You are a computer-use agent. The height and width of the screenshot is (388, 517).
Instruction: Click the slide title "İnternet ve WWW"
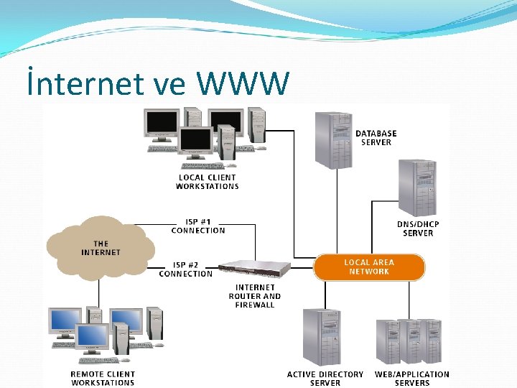tap(157, 84)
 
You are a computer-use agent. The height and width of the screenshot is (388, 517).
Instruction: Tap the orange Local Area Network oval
tap(369, 267)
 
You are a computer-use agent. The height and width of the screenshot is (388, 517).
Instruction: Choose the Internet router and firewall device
tap(254, 269)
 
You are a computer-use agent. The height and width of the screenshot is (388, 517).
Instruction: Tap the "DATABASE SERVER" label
tap(376, 138)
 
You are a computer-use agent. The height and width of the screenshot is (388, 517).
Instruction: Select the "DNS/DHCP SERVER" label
tap(418, 228)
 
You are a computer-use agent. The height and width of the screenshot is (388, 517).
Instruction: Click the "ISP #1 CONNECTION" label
tap(198, 226)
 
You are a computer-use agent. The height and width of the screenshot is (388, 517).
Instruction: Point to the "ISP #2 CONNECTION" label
tap(186, 269)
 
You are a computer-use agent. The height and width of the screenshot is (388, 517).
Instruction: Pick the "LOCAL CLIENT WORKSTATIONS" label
tap(208, 182)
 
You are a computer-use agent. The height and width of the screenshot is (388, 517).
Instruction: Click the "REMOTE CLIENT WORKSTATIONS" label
tap(103, 378)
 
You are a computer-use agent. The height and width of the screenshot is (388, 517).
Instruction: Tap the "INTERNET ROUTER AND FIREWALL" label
tap(255, 296)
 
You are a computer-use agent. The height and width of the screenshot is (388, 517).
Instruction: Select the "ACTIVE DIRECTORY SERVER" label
tap(325, 378)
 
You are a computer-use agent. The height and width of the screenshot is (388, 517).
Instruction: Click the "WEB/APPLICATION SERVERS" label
tap(412, 378)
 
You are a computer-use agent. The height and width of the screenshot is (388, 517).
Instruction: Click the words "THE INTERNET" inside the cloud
tap(101, 249)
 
